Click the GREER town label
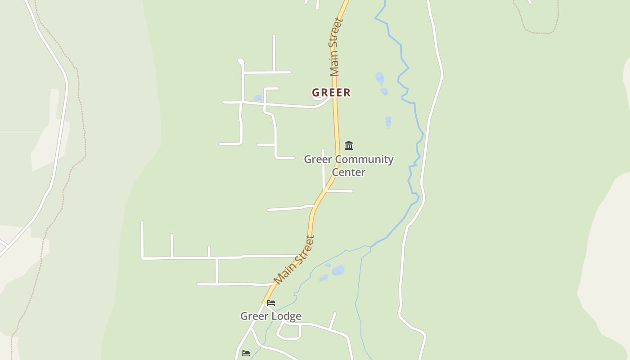(x=331, y=93)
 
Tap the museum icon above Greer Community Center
(x=349, y=145)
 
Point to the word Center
(x=348, y=172)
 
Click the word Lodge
(x=287, y=316)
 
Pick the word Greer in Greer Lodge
(x=255, y=316)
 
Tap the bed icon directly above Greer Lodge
(x=271, y=303)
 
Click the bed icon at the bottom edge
(x=246, y=353)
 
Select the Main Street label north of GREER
(x=335, y=47)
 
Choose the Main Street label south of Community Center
(x=294, y=260)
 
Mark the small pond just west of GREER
(x=258, y=98)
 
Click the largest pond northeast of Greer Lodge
(x=338, y=270)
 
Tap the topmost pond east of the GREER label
(x=379, y=77)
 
